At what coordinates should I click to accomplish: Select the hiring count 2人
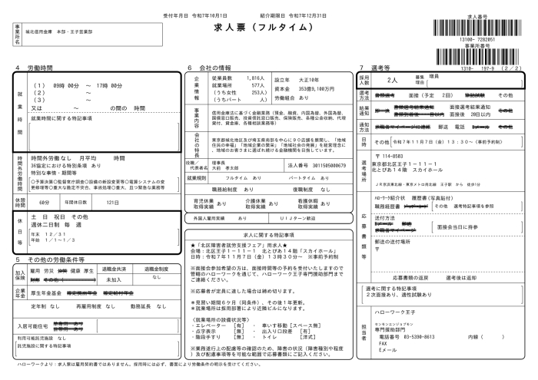tap(391, 79)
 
